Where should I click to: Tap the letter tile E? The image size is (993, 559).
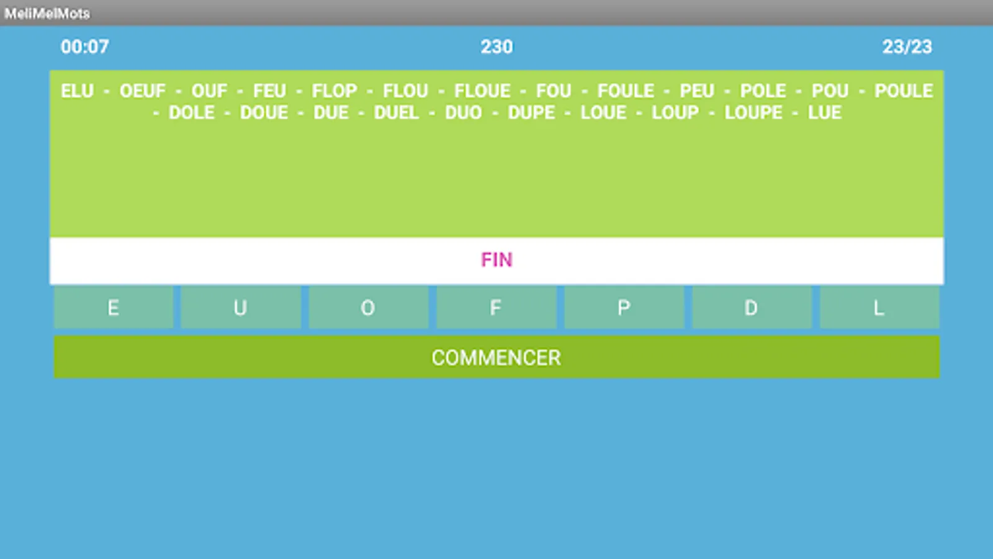coord(114,307)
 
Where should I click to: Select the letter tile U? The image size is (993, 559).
coord(241,307)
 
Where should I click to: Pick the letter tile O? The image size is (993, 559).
coord(368,307)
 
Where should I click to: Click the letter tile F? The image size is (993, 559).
coord(496,307)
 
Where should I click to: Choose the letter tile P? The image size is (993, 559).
coord(624,307)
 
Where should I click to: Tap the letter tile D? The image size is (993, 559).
coord(752,307)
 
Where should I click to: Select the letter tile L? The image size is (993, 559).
coord(879,307)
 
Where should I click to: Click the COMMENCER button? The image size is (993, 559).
coord(496,357)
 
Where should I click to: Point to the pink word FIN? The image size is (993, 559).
coord(496,260)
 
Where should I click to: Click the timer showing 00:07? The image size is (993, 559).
coord(85,47)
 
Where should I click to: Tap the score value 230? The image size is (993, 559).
coord(496,47)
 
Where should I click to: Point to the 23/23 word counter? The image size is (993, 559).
coord(907,47)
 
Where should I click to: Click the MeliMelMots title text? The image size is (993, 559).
coord(47,13)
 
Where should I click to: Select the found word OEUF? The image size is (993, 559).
coord(143,91)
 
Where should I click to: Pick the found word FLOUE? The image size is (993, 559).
coord(482,91)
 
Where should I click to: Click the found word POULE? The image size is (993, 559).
coord(904,91)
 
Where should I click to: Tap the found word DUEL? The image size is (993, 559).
coord(397,113)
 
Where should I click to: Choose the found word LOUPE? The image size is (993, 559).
coord(753,113)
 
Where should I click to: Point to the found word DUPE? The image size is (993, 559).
coord(531,113)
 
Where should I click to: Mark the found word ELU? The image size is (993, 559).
coord(77,91)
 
